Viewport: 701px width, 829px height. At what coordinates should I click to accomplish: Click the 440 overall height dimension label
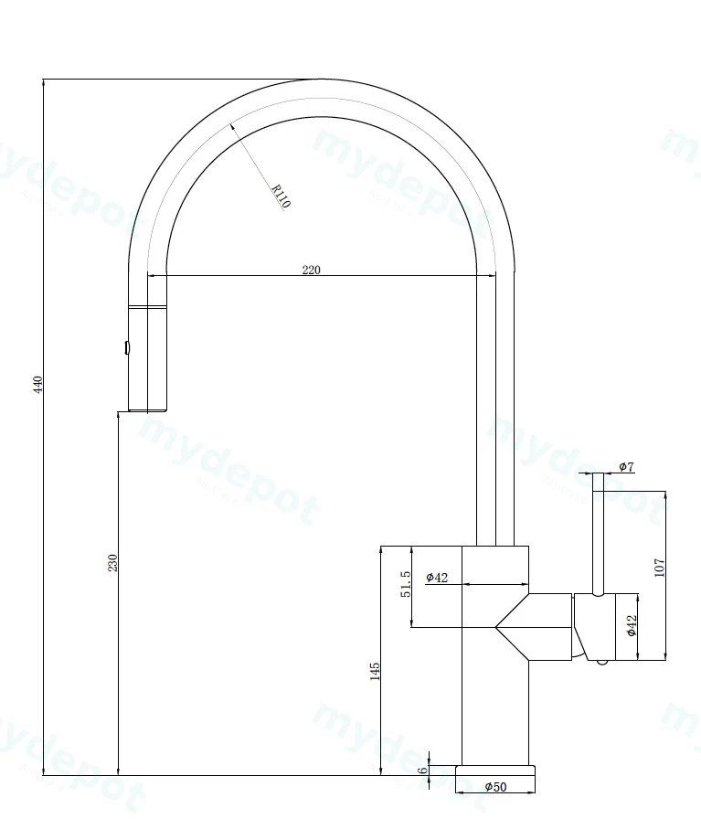pyautogui.click(x=37, y=385)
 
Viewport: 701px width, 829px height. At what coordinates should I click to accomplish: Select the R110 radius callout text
pyautogui.click(x=281, y=196)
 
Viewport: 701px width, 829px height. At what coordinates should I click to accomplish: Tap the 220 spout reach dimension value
pyautogui.click(x=312, y=270)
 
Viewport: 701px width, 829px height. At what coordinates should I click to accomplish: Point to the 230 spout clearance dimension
pyautogui.click(x=112, y=562)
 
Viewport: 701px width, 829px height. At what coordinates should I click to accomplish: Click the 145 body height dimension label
pyautogui.click(x=375, y=672)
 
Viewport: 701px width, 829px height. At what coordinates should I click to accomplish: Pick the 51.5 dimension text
pyautogui.click(x=406, y=584)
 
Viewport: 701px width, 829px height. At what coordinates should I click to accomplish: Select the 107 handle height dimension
pyautogui.click(x=659, y=568)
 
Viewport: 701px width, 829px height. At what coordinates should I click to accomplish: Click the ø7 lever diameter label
pyautogui.click(x=626, y=467)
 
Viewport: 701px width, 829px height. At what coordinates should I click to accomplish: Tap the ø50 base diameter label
pyautogui.click(x=496, y=787)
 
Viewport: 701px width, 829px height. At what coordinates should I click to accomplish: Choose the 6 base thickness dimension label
pyautogui.click(x=422, y=771)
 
